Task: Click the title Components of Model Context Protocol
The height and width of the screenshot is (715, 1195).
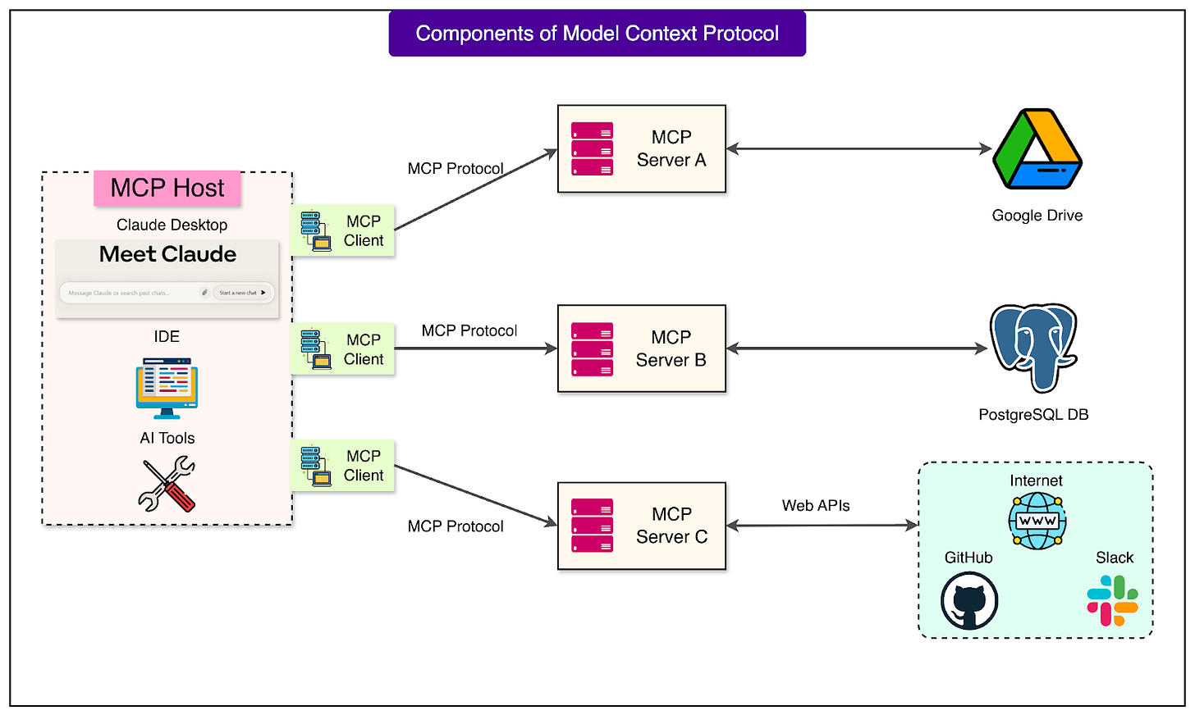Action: point(597,34)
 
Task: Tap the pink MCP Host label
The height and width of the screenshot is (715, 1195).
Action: point(167,188)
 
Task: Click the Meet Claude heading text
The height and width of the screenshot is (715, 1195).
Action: point(167,254)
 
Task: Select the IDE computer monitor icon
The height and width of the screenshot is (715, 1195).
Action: point(167,387)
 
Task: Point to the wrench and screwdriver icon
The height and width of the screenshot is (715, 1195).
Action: point(167,485)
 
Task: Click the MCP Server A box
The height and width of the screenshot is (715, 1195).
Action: point(641,148)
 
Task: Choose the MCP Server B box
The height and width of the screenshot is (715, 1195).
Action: point(641,348)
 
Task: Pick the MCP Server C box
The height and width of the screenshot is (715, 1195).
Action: point(641,526)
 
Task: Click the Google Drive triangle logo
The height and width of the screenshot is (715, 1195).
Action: point(1037,149)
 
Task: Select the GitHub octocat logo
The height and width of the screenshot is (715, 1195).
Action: point(969,601)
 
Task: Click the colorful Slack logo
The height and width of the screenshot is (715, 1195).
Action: point(1113,601)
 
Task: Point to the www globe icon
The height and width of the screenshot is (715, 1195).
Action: point(1037,521)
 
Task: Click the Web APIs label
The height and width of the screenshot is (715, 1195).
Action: point(816,506)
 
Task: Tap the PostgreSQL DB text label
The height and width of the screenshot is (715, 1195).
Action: point(1033,415)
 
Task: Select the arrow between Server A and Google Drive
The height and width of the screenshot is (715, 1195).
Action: point(858,149)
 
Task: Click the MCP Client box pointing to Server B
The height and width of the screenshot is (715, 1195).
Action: point(343,349)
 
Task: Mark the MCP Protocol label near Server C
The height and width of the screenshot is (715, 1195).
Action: point(456,526)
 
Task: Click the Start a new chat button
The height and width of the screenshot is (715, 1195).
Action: point(242,293)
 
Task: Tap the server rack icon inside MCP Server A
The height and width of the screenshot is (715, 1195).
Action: point(592,149)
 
